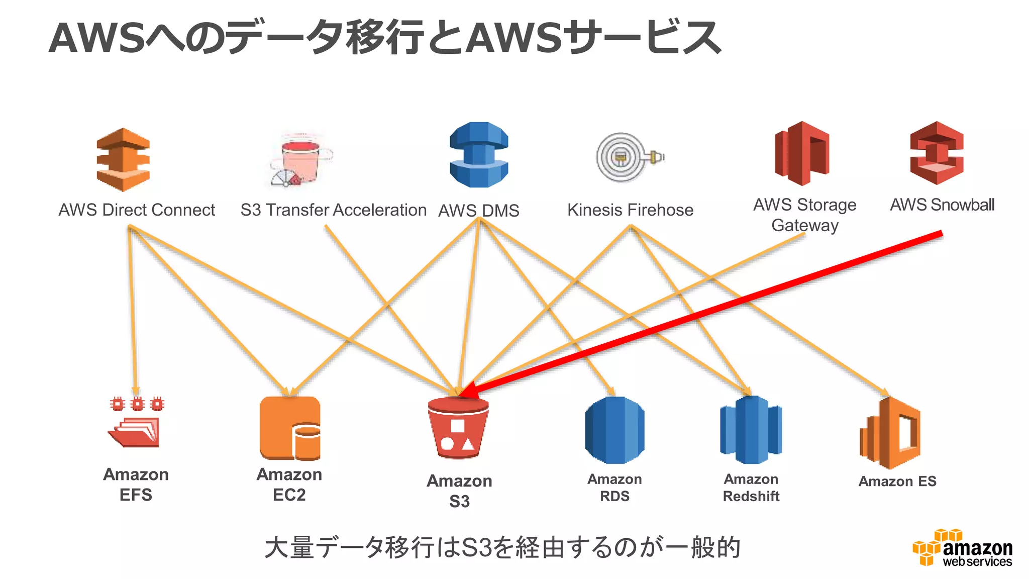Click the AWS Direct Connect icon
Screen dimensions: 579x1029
123,160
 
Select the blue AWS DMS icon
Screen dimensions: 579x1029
479,155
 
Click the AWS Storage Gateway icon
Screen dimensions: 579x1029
802,153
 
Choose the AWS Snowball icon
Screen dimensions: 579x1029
937,153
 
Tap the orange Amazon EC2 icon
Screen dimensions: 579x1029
290,428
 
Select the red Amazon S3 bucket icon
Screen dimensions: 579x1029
458,428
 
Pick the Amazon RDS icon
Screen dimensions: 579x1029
614,430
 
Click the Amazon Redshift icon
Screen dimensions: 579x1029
751,430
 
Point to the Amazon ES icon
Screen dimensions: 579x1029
890,433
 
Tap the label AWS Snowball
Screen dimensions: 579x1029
942,205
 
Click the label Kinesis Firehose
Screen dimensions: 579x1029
630,210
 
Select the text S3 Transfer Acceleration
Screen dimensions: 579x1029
333,210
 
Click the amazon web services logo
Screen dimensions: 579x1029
962,548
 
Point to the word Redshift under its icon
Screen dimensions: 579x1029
751,497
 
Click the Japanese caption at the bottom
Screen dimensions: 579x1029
502,547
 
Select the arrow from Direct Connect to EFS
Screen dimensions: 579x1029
133,312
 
